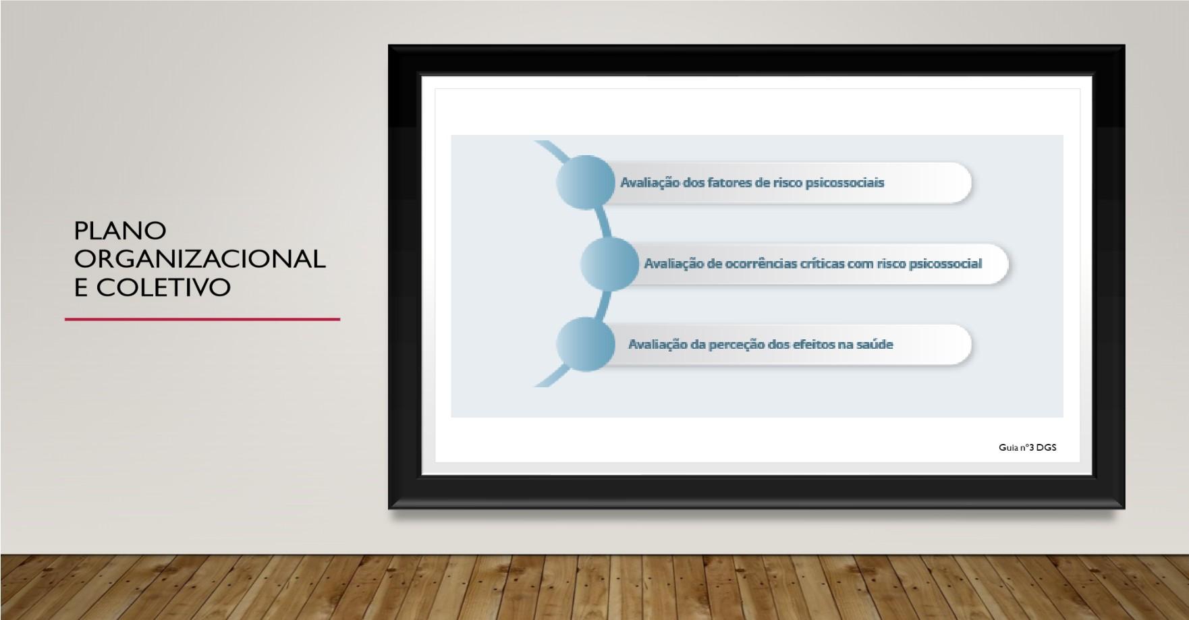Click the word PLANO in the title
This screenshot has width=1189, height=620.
(120, 231)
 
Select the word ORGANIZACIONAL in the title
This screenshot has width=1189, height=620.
(200, 259)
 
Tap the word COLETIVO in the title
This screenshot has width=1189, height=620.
(164, 287)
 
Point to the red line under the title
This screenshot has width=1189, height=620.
(202, 319)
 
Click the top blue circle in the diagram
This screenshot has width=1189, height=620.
(585, 182)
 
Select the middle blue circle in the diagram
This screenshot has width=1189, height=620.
(609, 264)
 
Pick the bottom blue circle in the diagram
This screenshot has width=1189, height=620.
(585, 344)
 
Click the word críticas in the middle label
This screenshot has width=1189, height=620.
(822, 264)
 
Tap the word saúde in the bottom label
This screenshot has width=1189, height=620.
(875, 345)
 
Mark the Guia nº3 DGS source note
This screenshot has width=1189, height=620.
(1028, 447)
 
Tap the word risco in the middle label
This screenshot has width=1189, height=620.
(891, 264)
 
